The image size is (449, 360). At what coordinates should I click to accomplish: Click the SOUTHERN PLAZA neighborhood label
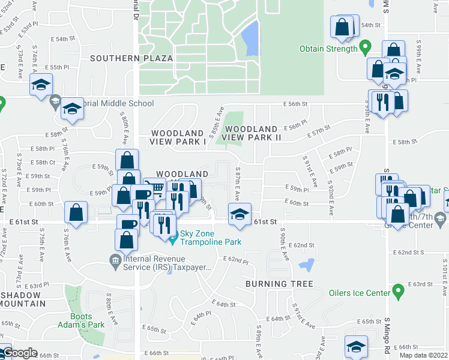(131, 58)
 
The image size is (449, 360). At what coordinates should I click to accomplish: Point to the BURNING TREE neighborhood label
(279, 284)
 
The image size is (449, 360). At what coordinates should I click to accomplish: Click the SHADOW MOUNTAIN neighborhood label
(20, 299)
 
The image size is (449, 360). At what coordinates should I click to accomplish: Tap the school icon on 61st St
(240, 214)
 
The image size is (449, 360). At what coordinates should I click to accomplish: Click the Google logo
(20, 353)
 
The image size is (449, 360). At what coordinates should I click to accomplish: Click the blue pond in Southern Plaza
(250, 38)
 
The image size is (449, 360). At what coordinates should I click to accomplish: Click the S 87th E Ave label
(238, 184)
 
